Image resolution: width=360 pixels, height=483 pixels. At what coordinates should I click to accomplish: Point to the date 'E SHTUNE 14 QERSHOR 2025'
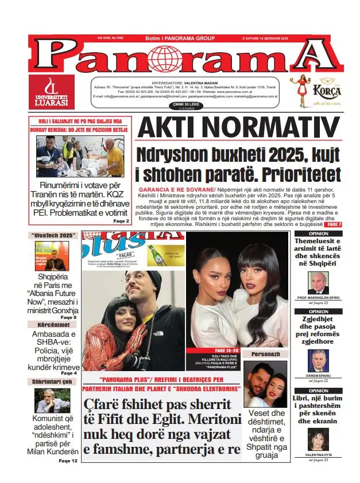coord(285,38)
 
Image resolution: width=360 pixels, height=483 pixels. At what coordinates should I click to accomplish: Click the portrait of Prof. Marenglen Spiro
coord(318,283)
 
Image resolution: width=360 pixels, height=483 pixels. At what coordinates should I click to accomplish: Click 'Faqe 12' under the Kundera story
coord(67,461)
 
